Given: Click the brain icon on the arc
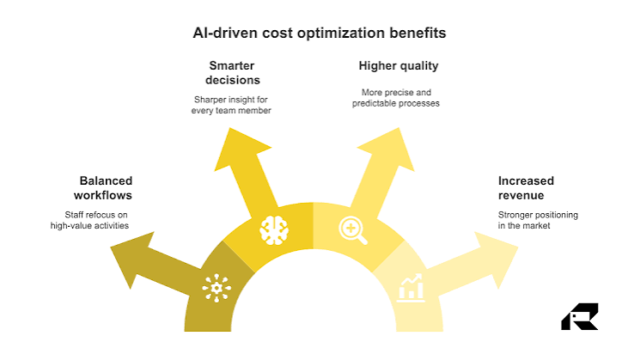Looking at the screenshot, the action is click(x=274, y=230).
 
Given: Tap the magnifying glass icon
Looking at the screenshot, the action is click(x=353, y=230).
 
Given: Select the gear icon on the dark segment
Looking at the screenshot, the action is click(x=216, y=288).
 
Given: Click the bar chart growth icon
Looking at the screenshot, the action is click(x=411, y=288).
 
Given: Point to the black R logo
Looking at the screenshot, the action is click(x=580, y=316).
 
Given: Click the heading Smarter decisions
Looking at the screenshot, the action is click(x=232, y=73).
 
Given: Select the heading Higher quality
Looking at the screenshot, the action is click(x=399, y=65).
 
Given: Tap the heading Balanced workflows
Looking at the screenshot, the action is click(x=103, y=188).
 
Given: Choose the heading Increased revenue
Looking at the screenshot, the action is click(x=527, y=188).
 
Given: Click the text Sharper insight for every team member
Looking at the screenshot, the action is click(x=231, y=105).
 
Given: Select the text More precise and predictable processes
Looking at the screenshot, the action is click(x=396, y=98).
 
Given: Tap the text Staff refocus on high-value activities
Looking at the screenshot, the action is click(x=89, y=220).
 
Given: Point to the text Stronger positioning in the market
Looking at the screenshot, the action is click(x=538, y=220).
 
